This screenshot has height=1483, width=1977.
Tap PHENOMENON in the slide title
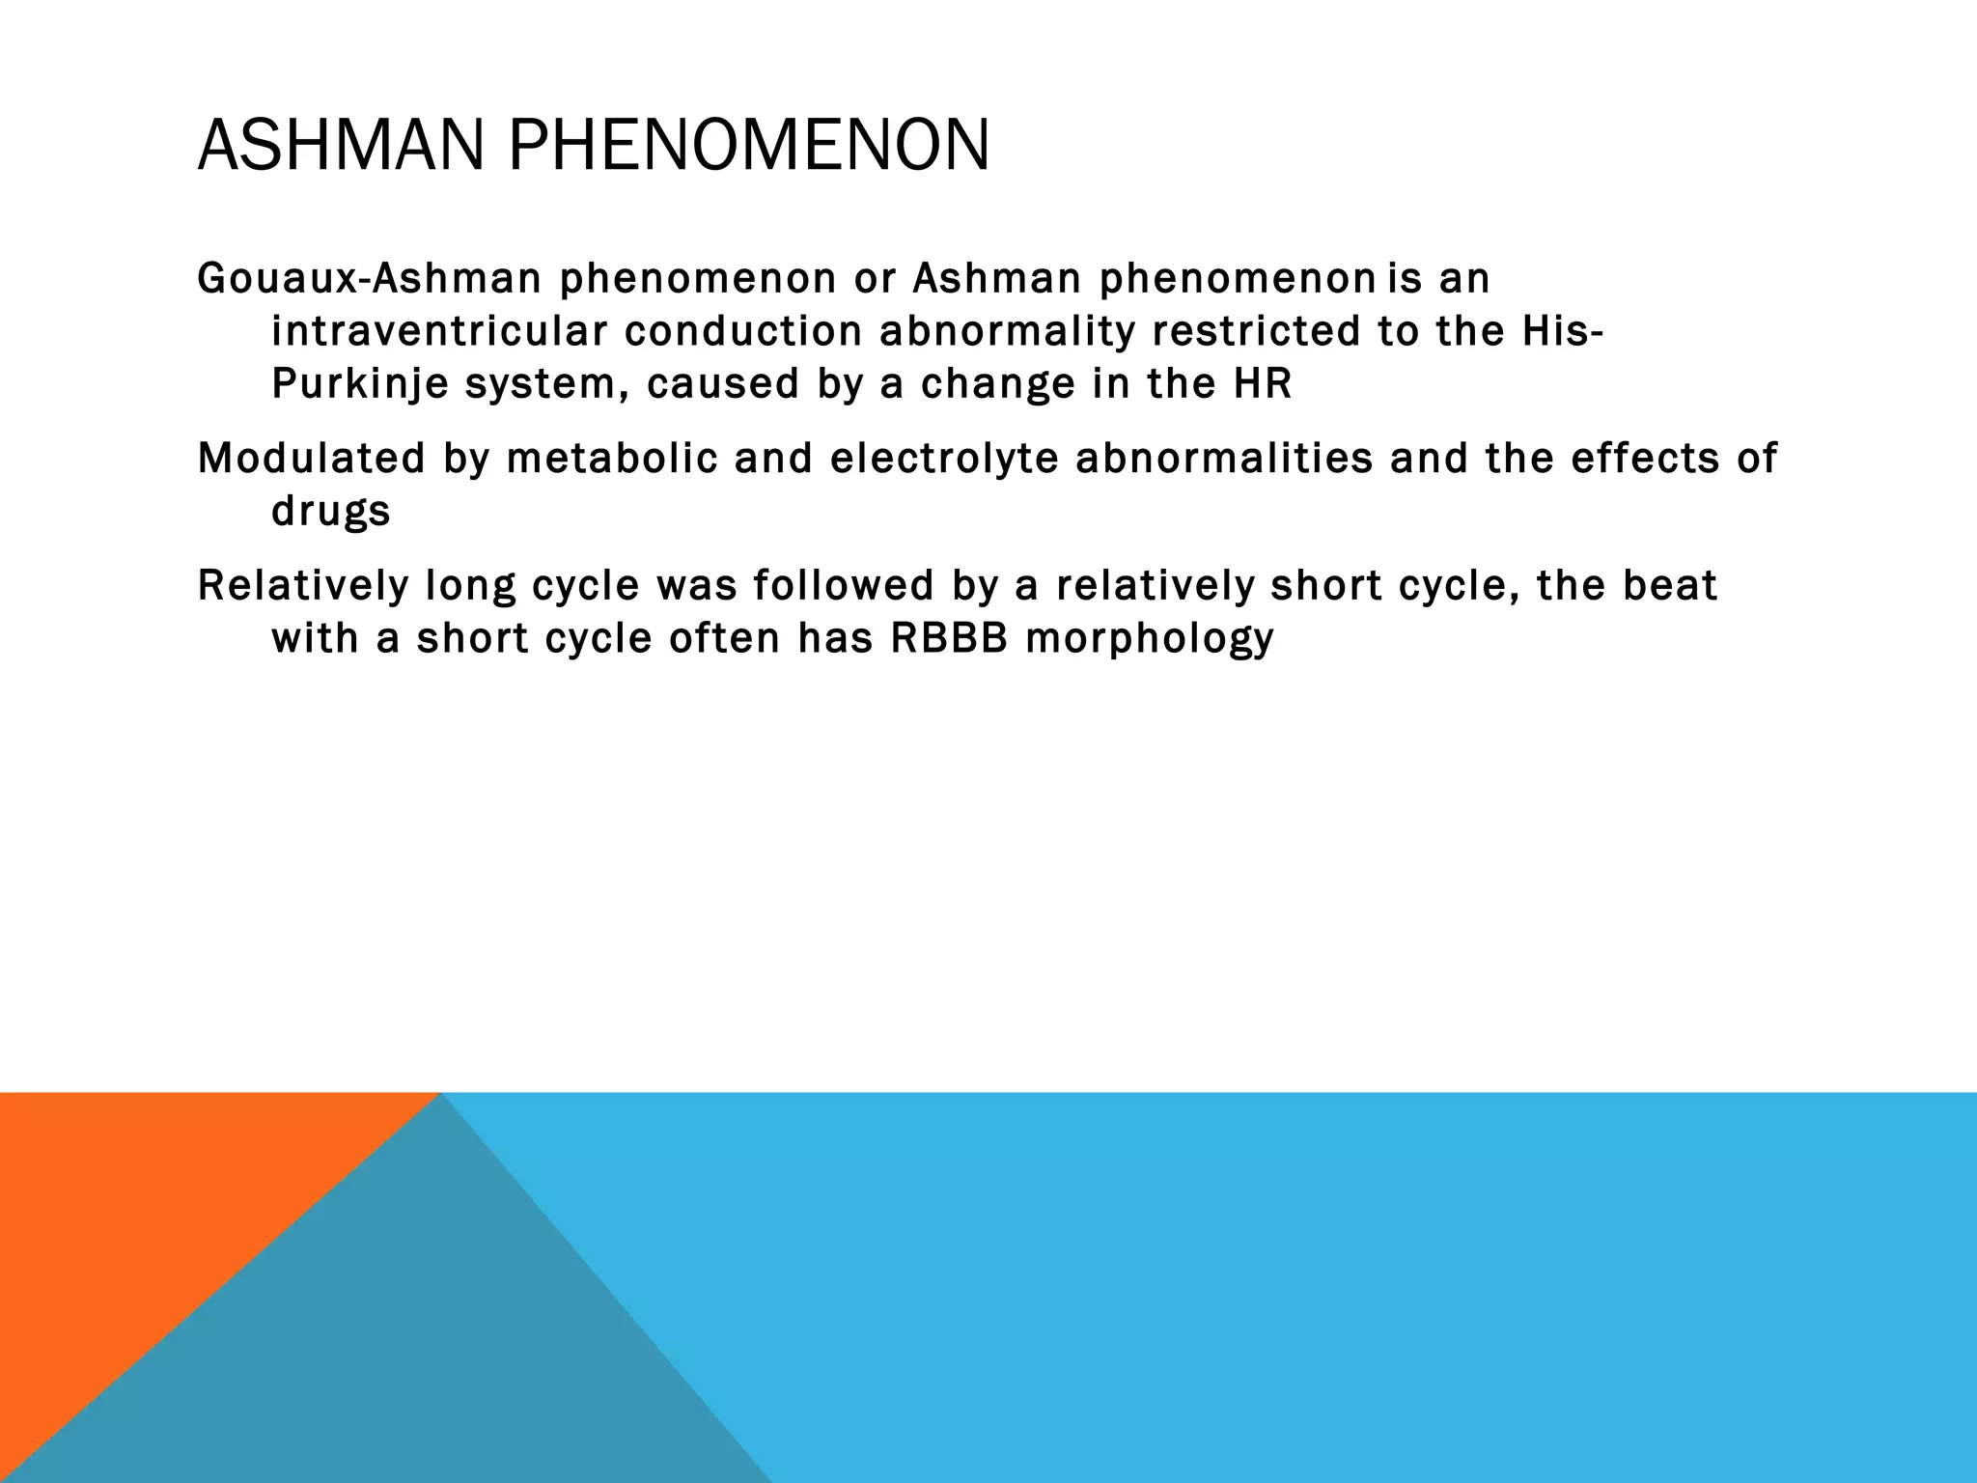coord(748,146)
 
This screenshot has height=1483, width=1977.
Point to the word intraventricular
coord(439,331)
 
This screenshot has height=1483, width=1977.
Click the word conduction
coord(743,331)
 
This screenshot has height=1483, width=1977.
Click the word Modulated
coord(311,458)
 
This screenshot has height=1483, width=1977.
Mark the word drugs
coord(330,512)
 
